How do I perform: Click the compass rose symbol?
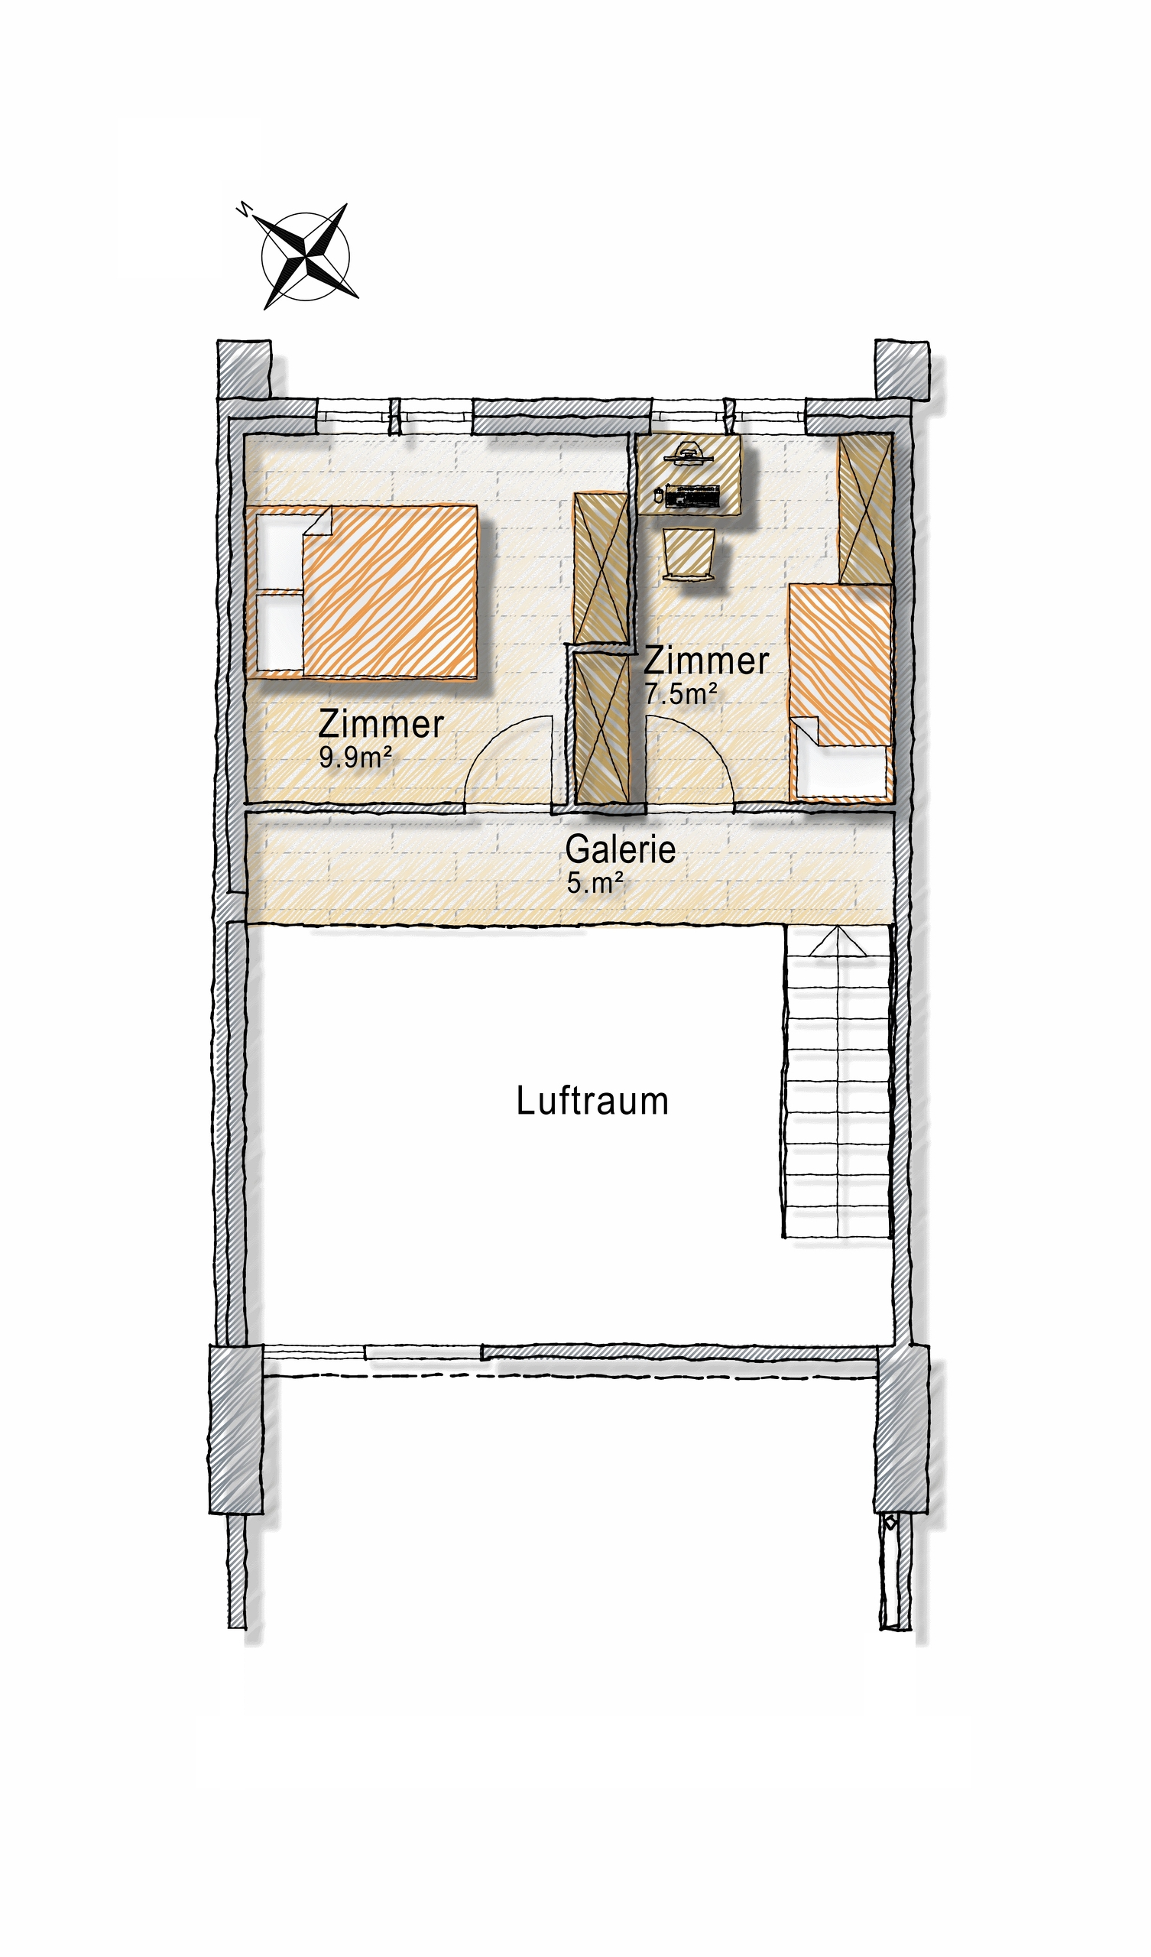305,255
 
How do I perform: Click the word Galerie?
620,849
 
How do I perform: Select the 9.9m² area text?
355,757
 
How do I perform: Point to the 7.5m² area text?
680,693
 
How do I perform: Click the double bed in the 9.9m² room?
362,592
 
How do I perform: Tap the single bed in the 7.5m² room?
841,693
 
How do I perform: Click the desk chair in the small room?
689,553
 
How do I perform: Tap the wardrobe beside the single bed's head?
865,508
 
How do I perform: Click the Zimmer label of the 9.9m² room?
381,724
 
